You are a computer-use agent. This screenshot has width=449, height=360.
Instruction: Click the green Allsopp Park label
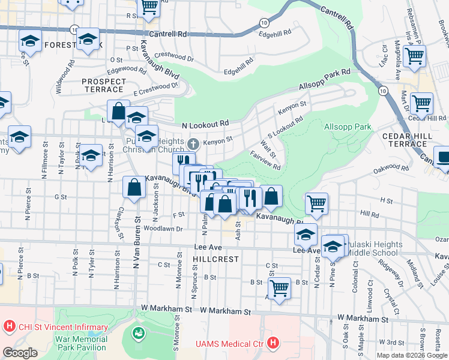348,127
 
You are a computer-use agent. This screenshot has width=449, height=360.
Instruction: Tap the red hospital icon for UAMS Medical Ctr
273,343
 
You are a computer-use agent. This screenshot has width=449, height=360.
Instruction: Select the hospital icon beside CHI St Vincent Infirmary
9,328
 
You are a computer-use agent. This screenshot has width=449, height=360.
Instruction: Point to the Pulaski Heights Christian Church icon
193,144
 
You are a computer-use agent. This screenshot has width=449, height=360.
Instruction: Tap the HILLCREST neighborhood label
215,259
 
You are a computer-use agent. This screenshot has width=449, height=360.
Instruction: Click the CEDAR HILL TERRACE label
408,140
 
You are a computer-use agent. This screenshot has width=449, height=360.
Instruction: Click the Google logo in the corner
20,352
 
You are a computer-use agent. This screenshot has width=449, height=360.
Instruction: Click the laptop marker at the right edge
442,157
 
